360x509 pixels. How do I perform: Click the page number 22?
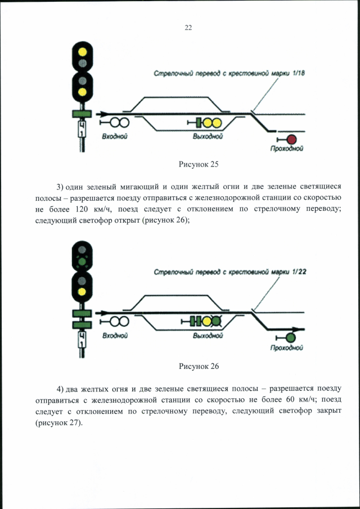tap(188, 28)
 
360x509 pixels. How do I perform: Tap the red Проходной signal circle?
tap(291, 139)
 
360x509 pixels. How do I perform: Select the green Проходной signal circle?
tap(290, 337)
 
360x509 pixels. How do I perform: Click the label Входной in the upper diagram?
tap(115, 137)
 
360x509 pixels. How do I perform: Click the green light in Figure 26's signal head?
tap(82, 262)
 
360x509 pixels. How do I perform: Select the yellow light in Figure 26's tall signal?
tap(82, 292)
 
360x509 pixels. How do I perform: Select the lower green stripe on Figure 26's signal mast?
tap(82, 325)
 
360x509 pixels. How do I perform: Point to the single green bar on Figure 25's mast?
tap(82, 114)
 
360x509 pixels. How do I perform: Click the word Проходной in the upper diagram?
tap(287, 149)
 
